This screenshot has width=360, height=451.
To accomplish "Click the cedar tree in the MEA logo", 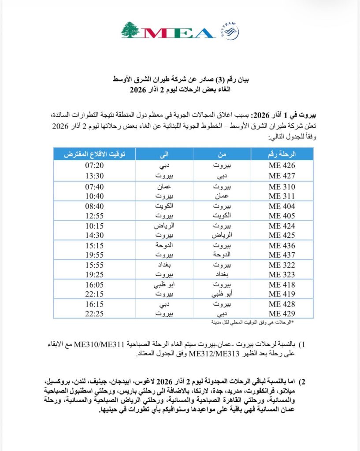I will point(130,30).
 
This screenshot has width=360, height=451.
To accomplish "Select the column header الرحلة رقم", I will point(282,154).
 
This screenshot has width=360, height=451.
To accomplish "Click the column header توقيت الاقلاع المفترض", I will point(95,154).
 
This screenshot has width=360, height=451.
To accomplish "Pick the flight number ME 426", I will point(282,166).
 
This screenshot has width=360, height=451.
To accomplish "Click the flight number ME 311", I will point(282,196).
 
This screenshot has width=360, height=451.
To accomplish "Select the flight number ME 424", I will point(282,226).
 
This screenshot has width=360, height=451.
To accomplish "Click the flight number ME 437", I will point(282,255).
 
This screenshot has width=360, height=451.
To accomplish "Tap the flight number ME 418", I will point(282,285).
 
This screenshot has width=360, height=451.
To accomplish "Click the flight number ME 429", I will point(282,314).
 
